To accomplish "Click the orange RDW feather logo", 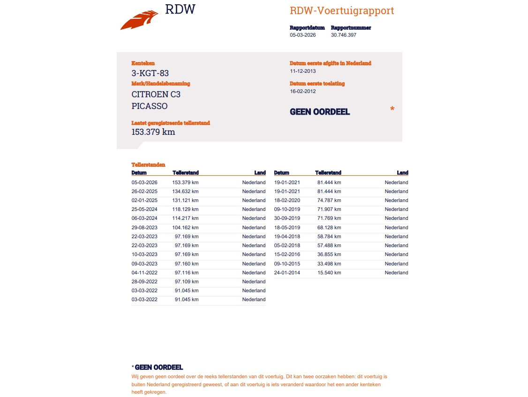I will [139, 20].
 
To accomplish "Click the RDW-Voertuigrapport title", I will [342, 11].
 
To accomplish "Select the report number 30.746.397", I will [343, 35].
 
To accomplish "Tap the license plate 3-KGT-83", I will [150, 73].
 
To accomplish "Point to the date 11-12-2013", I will [302, 71].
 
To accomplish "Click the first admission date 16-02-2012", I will [302, 91].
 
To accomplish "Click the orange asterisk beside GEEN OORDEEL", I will [392, 109].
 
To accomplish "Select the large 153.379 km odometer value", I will [153, 132].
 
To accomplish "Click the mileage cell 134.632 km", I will [185, 191].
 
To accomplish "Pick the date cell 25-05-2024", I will [144, 209].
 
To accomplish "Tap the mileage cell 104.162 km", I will [185, 227].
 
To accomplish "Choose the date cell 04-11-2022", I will [144, 272].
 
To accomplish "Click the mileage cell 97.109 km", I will [187, 281].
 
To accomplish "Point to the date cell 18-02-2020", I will [287, 200].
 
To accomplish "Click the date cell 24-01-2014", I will [287, 272].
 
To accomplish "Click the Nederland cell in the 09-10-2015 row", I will [396, 264].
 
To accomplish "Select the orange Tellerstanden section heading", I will [148, 165].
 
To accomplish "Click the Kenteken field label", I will [143, 63].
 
